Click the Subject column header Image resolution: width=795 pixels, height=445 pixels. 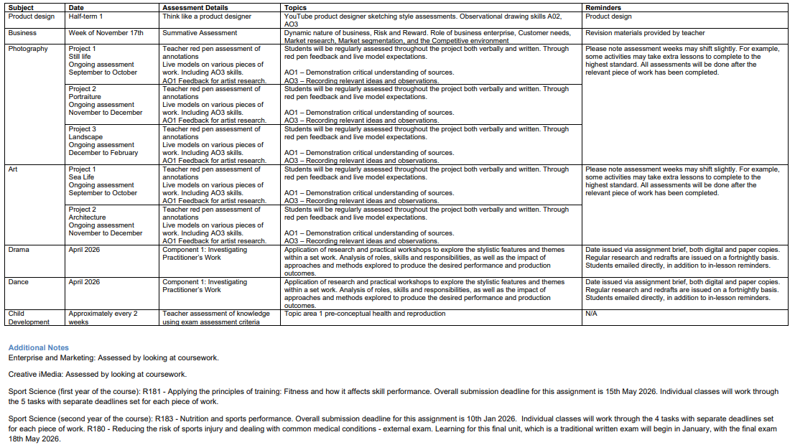pos(22,8)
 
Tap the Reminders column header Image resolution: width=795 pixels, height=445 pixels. pos(605,8)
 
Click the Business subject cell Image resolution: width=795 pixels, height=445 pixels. pos(22,33)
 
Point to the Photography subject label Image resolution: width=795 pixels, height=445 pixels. pos(28,49)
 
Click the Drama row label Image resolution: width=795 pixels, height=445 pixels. pos(19,250)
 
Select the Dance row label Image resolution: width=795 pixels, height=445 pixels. pos(18,282)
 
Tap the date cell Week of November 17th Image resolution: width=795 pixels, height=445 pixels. pos(106,33)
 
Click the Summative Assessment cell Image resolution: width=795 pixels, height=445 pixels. pos(200,33)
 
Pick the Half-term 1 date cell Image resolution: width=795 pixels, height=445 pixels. pos(86,17)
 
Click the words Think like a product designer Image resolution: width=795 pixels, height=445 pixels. pos(207,17)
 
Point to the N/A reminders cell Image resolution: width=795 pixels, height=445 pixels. pos(592,314)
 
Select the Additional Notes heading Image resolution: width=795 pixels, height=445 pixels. pos(39,348)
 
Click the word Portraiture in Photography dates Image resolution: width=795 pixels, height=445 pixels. pos(85,97)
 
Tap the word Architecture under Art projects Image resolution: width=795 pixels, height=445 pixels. pos(87,217)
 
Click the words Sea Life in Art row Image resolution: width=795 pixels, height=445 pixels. pos(81,177)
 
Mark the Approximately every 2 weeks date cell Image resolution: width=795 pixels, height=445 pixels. pos(103,317)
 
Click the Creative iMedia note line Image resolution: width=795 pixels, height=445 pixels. pos(97,374)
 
